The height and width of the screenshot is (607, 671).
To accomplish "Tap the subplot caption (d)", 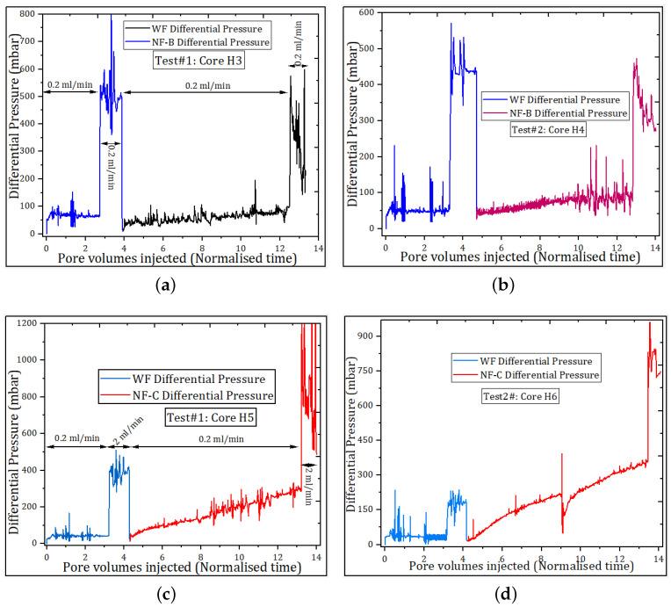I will coord(506,595).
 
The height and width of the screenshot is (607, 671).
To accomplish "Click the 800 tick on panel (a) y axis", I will coord(28,15).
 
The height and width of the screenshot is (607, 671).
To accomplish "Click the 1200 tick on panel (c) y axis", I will coord(25,323).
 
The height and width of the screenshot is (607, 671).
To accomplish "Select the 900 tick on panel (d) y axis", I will coord(367,336).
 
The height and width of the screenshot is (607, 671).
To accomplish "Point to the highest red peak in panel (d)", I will coord(650,322).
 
